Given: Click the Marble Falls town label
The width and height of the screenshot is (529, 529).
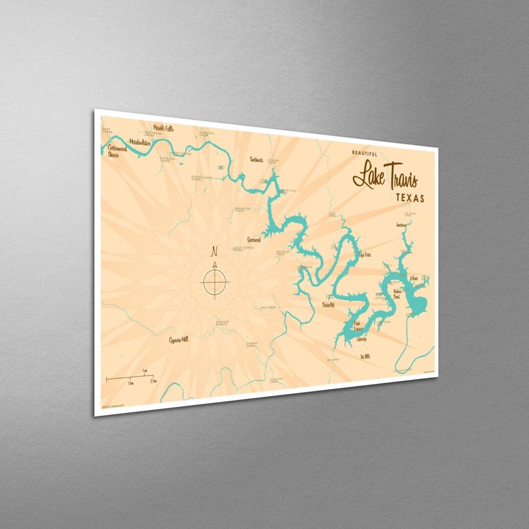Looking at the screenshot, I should (x=164, y=128).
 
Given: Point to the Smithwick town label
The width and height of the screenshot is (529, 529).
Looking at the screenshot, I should (x=257, y=159).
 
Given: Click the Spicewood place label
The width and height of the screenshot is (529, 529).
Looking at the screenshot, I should (x=254, y=240).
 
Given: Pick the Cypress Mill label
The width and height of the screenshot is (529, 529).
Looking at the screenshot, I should (x=179, y=339).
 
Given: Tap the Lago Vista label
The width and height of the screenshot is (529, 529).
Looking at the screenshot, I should (x=365, y=255).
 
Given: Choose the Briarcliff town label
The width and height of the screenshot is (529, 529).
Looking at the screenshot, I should (x=328, y=305).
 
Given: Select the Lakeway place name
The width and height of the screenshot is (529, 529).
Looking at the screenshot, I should (x=361, y=339).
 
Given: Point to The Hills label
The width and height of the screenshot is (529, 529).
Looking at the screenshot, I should (x=365, y=357).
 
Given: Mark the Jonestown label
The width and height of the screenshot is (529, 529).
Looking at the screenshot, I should (x=401, y=224).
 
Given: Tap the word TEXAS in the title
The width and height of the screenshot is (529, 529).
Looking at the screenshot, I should (x=410, y=198).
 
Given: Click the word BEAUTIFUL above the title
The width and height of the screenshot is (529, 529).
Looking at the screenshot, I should (x=364, y=153).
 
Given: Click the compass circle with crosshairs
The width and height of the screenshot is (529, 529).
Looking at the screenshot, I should (x=215, y=283).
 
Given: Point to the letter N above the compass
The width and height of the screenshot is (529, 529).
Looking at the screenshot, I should (x=214, y=252).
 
